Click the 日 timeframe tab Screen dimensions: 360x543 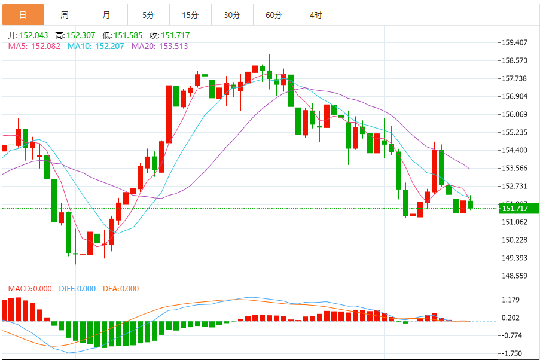(23, 14)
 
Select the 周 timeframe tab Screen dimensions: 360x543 (65, 14)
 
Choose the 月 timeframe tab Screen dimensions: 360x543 (106, 14)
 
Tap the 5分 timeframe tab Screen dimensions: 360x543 (148, 14)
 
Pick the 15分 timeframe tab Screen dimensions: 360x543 (190, 14)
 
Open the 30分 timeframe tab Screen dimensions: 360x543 (232, 14)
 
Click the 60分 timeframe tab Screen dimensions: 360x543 (274, 14)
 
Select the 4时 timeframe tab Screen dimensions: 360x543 (316, 14)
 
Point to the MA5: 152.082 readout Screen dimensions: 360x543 (34, 46)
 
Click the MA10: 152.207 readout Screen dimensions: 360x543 (96, 46)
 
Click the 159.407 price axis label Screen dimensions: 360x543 (514, 42)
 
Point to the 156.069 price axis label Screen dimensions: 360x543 (514, 114)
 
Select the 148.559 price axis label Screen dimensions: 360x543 (514, 276)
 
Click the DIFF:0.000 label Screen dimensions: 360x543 (77, 289)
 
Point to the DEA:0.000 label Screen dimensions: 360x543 (121, 289)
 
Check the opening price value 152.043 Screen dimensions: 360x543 (30, 36)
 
